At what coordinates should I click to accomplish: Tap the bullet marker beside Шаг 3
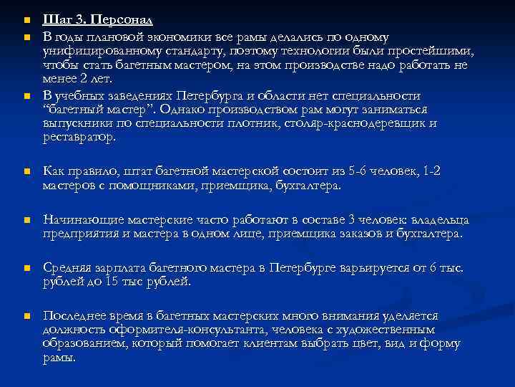point(24,20)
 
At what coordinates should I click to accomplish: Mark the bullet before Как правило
point(24,172)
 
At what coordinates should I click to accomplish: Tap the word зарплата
point(116,267)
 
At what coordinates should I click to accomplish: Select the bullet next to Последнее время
point(24,316)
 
